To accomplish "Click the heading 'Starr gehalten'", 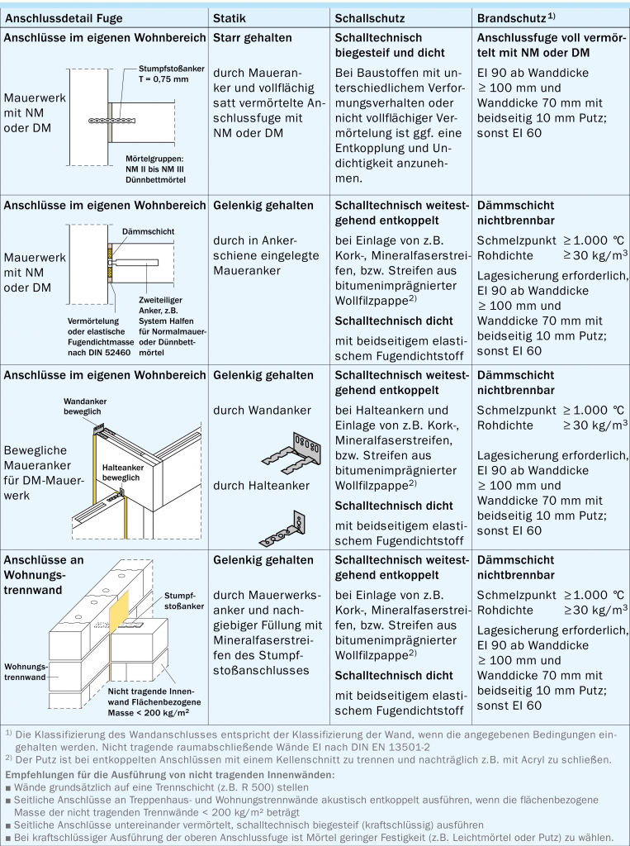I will [x=252, y=38].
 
